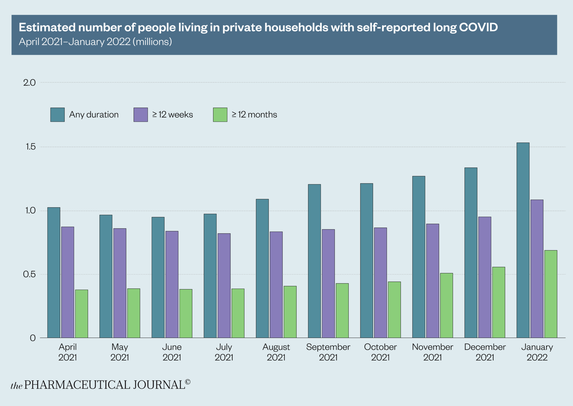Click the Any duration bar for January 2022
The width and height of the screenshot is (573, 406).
pos(523,241)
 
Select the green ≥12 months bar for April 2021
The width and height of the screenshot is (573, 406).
pos(82,314)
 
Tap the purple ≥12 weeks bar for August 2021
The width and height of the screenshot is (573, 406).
pos(276,285)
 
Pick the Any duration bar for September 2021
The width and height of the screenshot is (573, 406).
pos(314,261)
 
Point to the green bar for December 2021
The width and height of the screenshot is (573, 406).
pos(499,302)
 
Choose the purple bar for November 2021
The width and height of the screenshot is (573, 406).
pos(433,281)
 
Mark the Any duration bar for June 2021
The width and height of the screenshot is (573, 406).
pos(158,277)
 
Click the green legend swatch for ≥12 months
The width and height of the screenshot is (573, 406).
pos(220,115)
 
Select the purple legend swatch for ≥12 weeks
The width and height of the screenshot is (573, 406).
pos(141,115)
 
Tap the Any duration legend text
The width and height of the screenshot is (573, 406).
pos(94,115)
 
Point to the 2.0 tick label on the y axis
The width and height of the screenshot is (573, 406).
pos(29,83)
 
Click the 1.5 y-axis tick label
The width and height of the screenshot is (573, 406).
pos(30,147)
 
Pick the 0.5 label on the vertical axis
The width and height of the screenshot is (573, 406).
pos(29,274)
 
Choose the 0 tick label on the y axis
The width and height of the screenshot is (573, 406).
pos(33,338)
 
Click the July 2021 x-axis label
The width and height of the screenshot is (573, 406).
pos(224,352)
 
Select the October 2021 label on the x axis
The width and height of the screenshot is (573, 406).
pos(380,352)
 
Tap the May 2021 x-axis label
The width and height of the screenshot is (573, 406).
pos(119,352)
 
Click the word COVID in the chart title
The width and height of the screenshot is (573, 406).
pos(478,27)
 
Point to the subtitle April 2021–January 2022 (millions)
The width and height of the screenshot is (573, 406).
pos(95,42)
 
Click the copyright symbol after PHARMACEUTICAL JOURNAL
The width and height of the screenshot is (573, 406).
pos(188,382)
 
